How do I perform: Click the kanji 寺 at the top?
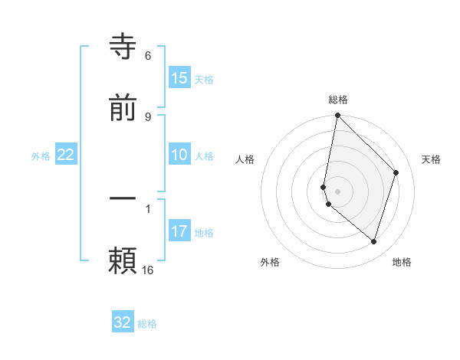[123, 47]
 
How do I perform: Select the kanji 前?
[123, 108]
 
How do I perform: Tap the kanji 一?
[123, 198]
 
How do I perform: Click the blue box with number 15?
[179, 78]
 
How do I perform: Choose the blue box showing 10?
[179, 155]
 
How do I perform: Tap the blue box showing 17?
[179, 231]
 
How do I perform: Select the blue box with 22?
[66, 155]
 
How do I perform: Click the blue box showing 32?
[123, 322]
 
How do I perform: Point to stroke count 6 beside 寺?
[148, 55]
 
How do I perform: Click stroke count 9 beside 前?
[148, 116]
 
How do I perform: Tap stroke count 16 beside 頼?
[148, 270]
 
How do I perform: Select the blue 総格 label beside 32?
[148, 324]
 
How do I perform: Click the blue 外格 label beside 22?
[41, 156]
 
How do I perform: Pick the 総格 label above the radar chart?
[338, 100]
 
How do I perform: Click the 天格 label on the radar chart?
[431, 159]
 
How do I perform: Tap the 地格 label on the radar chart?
[402, 262]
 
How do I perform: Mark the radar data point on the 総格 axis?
[337, 116]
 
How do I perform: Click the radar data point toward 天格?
[396, 172]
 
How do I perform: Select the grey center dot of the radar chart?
[337, 191]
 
